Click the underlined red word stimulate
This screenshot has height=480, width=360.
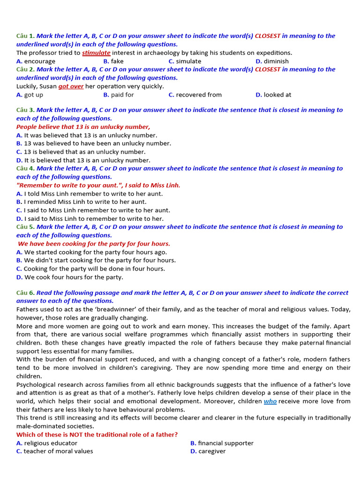point(96,53)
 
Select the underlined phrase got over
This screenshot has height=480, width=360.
point(71,86)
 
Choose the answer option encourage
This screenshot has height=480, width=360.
point(39,61)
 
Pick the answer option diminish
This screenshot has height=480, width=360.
point(276,61)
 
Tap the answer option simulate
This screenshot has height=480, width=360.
point(188,61)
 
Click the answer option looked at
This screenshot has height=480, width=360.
point(277,95)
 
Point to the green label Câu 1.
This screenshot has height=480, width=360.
point(25,36)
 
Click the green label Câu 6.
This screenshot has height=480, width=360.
point(25,293)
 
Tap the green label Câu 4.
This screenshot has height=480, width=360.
point(25,169)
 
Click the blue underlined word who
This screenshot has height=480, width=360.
point(270,401)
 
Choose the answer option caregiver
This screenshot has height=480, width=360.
point(211,451)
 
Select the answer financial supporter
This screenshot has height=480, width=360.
point(225,443)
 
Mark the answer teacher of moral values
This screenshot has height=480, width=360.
point(58,451)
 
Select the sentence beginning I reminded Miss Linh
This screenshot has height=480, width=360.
point(85,202)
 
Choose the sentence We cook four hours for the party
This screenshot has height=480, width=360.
point(73,277)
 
